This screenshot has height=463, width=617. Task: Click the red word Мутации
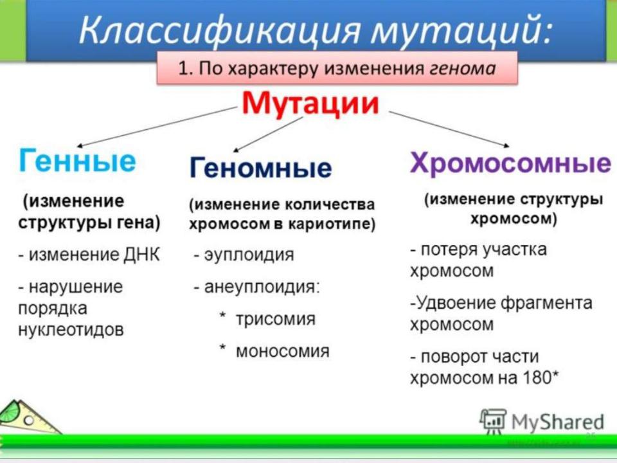[310, 104]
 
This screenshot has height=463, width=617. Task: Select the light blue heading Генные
[77, 160]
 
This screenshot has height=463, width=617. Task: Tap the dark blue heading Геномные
[261, 167]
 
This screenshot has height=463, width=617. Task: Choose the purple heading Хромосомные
[510, 162]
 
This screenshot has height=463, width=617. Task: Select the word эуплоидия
[249, 255]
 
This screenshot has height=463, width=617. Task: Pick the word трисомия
[276, 319]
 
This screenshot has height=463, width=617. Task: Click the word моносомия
[283, 351]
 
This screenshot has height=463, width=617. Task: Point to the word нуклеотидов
[71, 329]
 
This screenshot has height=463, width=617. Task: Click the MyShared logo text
[558, 422]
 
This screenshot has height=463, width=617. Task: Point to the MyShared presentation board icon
[493, 421]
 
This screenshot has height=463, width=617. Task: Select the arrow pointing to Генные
[156, 127]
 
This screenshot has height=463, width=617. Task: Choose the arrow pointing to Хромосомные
[449, 129]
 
